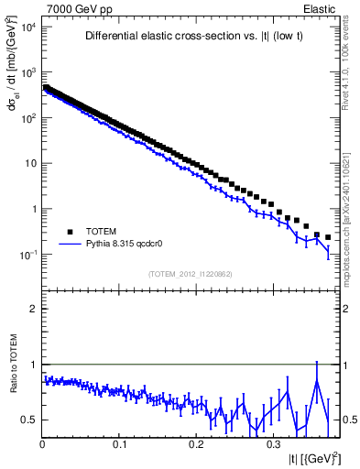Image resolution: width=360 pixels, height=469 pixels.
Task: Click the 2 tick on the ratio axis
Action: pos(34,309)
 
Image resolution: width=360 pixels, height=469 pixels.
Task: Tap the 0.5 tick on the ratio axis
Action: pos(30,420)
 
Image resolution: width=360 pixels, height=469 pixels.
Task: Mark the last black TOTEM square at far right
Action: pos(328,236)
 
